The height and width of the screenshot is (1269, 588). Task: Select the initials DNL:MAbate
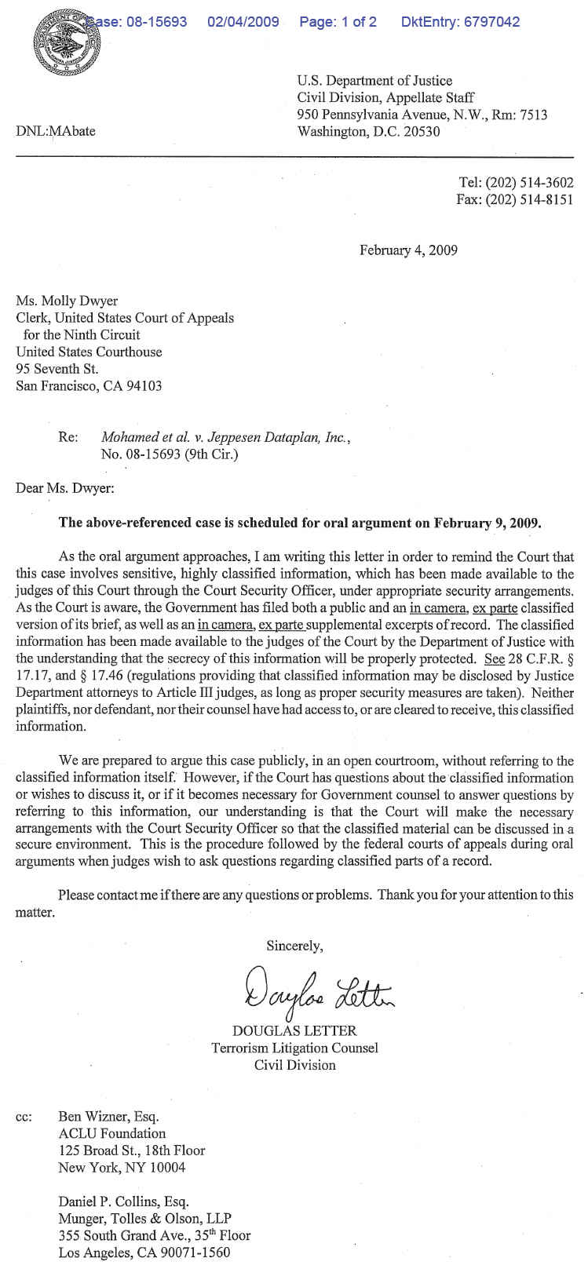[56, 131]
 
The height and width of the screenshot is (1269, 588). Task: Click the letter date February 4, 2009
[408, 250]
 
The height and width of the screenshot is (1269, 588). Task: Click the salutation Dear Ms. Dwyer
[64, 488]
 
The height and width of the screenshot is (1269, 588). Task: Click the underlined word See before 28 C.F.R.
[495, 658]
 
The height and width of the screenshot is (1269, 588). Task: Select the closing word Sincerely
[294, 946]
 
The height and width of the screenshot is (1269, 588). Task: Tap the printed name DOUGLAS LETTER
[294, 1030]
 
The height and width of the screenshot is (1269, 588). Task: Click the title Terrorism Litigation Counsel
[294, 1048]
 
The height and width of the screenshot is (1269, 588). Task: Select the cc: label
[24, 1116]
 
